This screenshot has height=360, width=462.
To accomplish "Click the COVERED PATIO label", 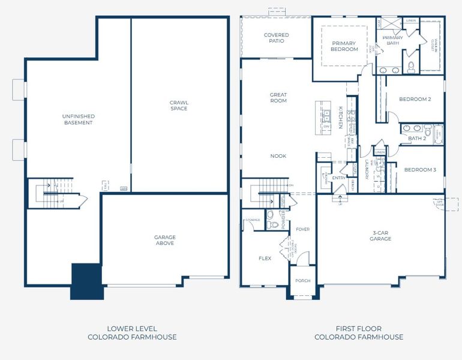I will pos(276,38).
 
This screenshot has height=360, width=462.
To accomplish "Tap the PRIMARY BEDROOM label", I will pos(344,46).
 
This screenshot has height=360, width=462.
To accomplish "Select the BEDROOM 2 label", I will pos(415,99).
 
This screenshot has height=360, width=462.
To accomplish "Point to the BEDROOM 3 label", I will pos(419,170).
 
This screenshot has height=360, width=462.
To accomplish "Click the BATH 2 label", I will pos(416,139).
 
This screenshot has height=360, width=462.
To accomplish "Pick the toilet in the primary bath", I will pos(411,67).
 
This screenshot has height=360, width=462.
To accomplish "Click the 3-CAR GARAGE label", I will pos(380,235).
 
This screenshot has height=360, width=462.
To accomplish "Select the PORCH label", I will pos(302,280).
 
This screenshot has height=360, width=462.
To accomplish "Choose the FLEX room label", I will pos(265,259).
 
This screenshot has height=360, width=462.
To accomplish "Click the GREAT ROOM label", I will pos(278,98).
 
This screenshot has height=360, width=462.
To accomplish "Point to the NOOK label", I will pos(278,156).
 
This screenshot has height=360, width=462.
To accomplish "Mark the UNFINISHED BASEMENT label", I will pos(79,119).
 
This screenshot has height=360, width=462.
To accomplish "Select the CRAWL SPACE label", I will pos(178,106).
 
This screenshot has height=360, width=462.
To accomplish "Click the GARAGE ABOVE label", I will pos(164,240).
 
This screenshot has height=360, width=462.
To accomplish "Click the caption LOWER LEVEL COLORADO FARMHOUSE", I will pos(132,332).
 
